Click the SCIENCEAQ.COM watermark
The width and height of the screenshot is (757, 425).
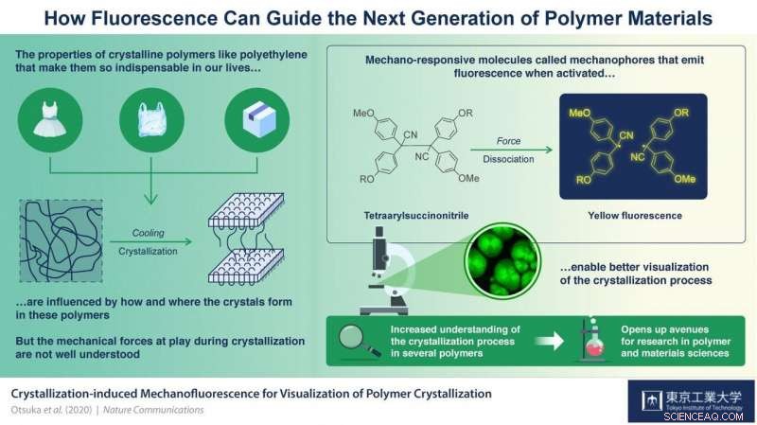click(x=714, y=414)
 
